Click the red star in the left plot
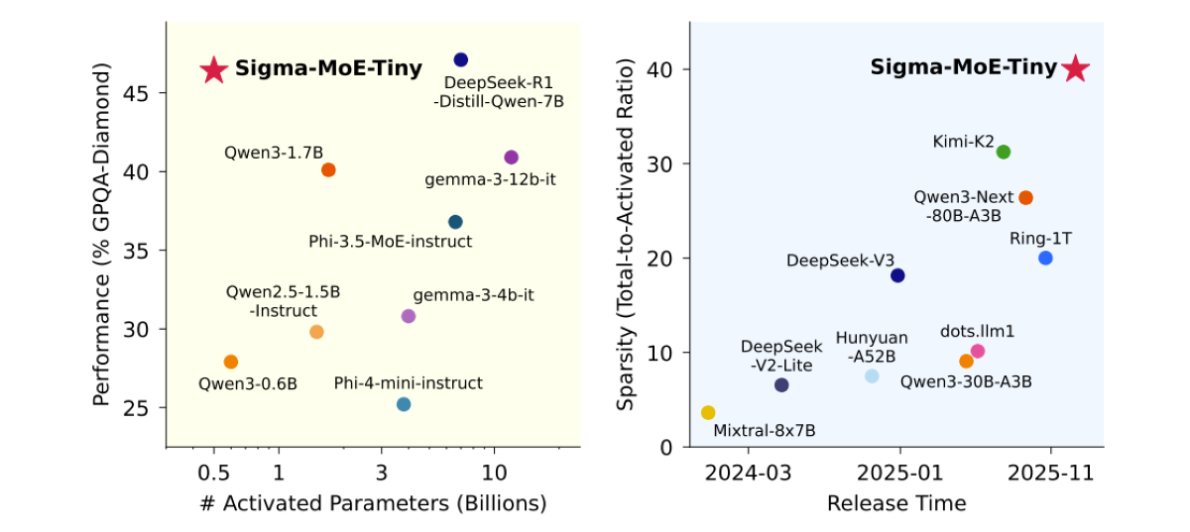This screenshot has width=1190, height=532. point(213,70)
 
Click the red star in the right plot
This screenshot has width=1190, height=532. point(1075,68)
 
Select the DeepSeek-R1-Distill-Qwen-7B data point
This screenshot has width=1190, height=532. point(460,60)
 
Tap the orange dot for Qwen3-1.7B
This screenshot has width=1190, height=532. point(328,170)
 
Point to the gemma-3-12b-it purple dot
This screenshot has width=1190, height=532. point(511,158)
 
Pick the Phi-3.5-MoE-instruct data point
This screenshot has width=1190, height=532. point(455,222)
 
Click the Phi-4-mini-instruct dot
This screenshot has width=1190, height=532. point(404,404)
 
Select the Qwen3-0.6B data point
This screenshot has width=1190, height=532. point(231,362)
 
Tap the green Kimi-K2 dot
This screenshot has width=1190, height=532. point(1003,152)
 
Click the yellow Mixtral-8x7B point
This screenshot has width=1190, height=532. point(708,413)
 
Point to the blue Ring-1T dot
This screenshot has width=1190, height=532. point(1045,259)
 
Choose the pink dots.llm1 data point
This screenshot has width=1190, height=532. point(977,351)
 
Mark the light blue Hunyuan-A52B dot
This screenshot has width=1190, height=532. point(872,376)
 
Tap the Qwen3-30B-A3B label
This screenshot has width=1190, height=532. point(966,380)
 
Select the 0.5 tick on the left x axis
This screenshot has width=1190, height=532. point(214,471)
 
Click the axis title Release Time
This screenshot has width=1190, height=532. point(896,503)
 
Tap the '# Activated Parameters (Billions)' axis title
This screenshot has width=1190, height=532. point(373,503)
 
